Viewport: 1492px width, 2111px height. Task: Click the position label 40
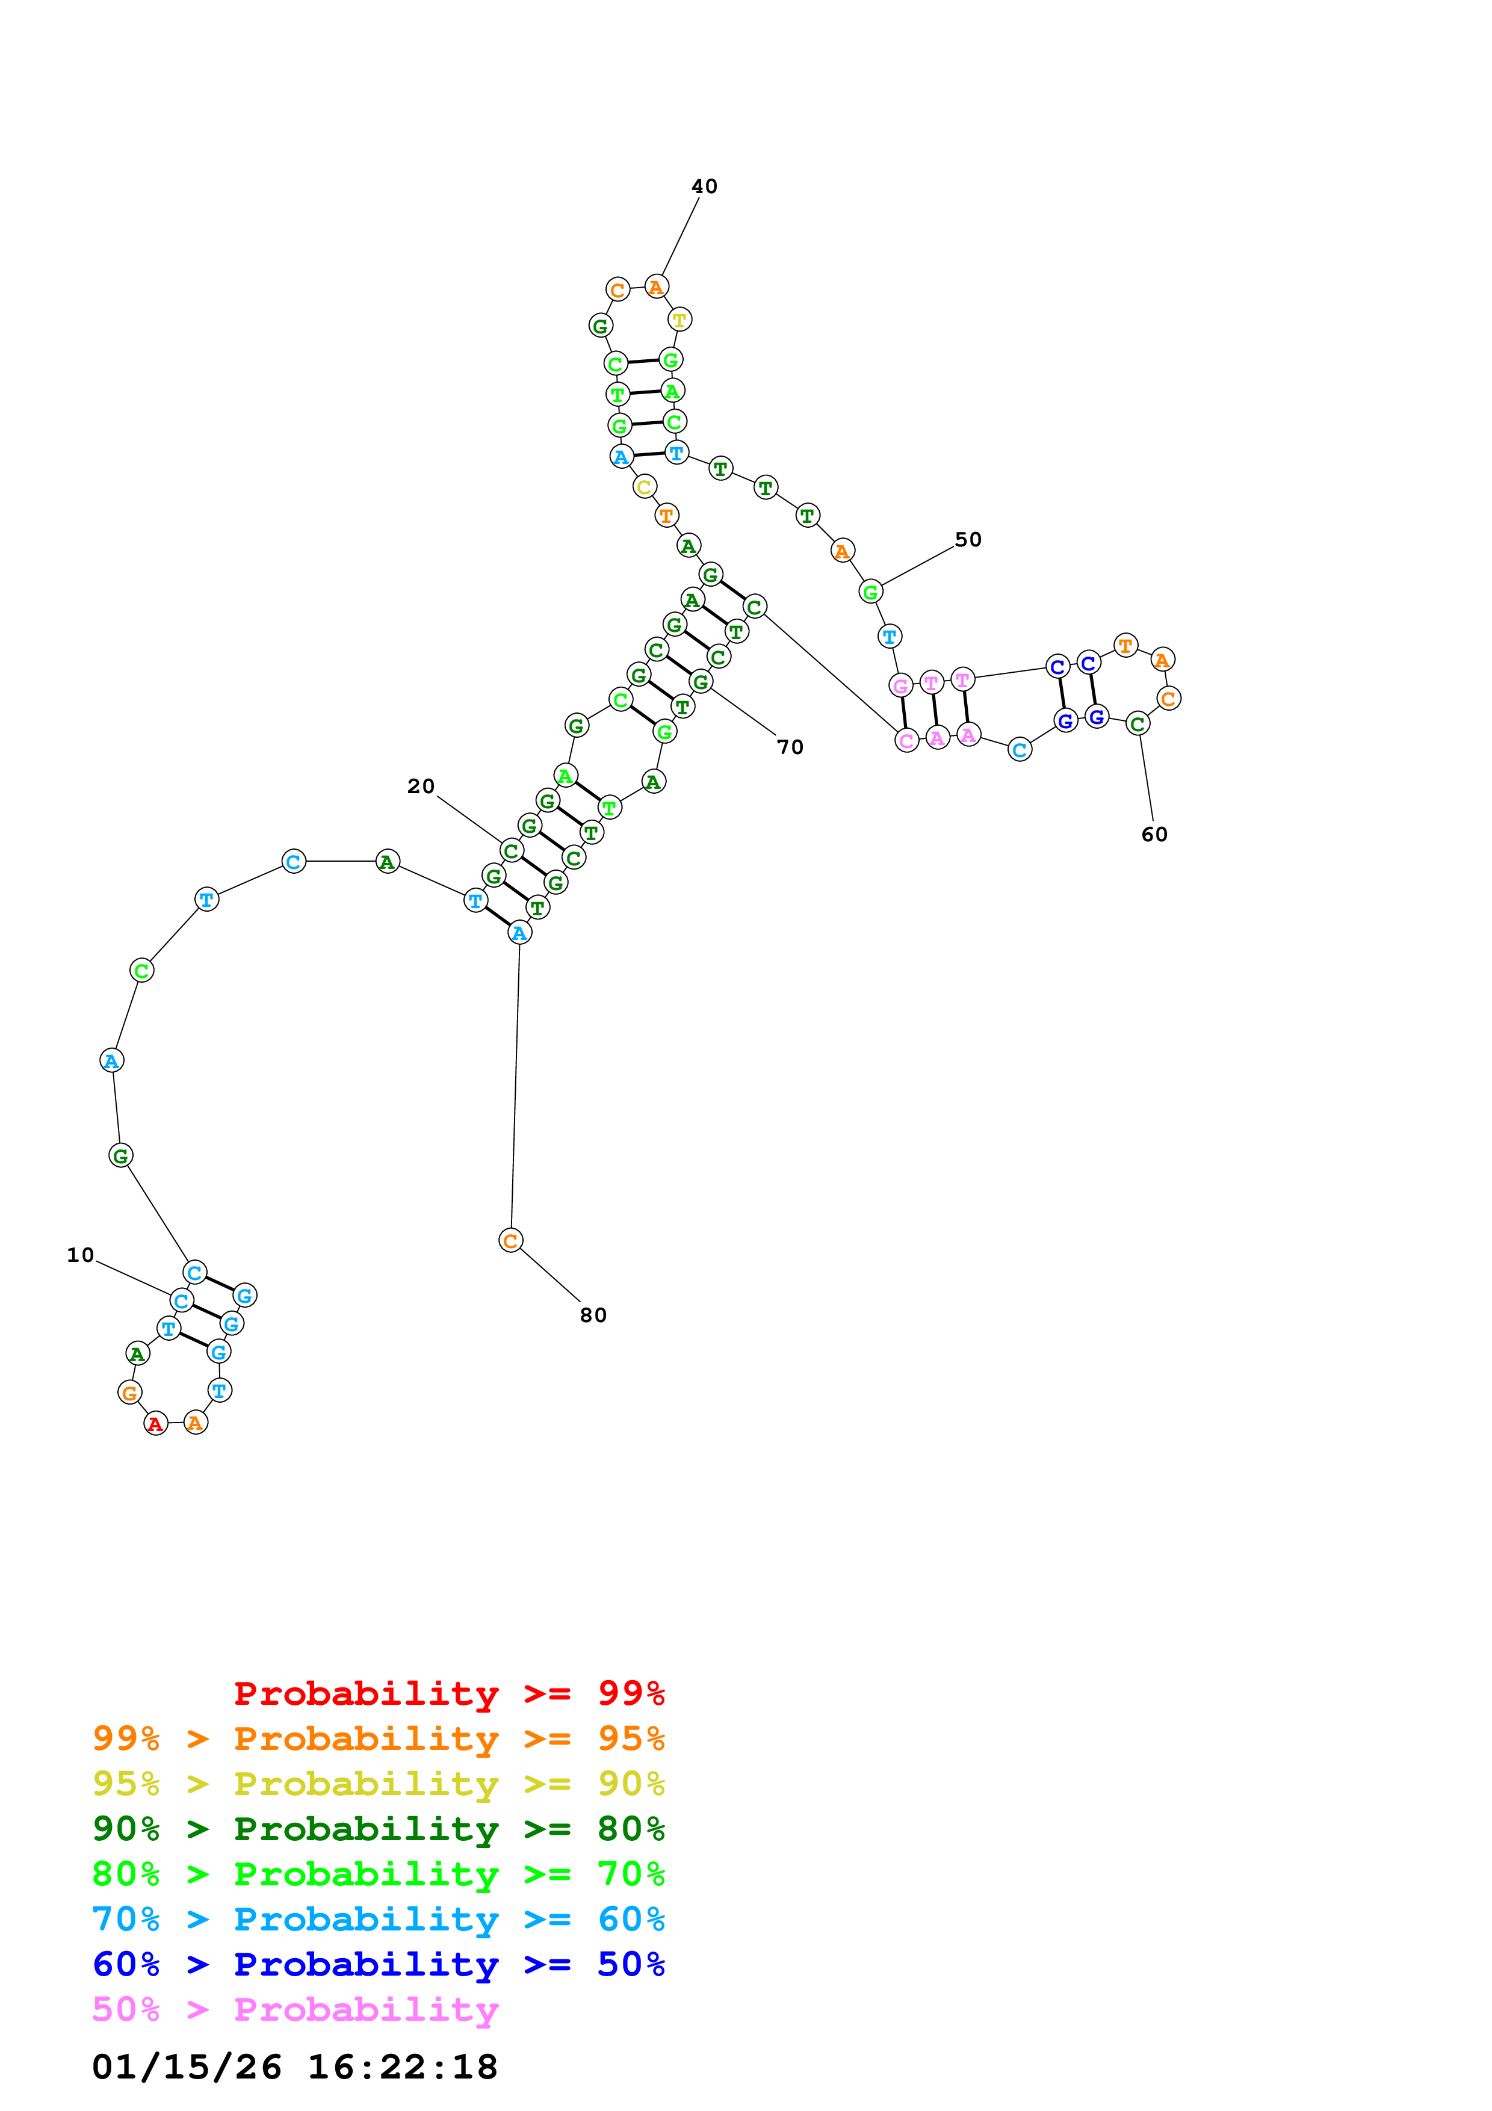[x=704, y=187]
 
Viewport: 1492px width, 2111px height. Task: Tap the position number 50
[x=968, y=540]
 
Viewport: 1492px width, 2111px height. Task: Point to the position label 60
[x=1154, y=835]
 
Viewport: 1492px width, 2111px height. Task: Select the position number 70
[x=790, y=747]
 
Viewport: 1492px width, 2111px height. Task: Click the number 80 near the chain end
[x=593, y=1315]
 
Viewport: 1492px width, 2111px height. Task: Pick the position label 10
[x=80, y=1256]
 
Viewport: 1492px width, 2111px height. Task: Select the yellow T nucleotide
[x=679, y=320]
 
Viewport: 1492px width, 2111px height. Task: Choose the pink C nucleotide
[x=906, y=741]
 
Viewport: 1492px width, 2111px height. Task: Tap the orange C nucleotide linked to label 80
[x=510, y=1241]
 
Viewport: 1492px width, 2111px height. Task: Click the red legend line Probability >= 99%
[x=448, y=1693]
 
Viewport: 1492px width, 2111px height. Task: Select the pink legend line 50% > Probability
[x=295, y=2010]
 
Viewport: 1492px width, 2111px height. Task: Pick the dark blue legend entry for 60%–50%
[x=378, y=1965]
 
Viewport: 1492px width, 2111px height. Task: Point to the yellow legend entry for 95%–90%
[x=378, y=1784]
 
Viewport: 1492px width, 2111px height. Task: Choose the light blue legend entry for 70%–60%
[x=378, y=1920]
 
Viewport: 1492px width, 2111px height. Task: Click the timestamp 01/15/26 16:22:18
[x=295, y=2068]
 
